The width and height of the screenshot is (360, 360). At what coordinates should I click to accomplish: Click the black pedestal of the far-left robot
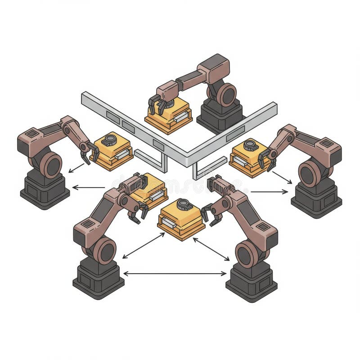(x=44, y=191)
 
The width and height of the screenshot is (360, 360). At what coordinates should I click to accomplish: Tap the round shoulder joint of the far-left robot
(x=50, y=164)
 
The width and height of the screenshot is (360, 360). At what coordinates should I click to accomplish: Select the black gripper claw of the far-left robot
(x=88, y=153)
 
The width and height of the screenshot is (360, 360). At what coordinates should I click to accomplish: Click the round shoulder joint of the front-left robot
(x=105, y=250)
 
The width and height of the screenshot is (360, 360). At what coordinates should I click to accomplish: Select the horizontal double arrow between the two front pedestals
(x=175, y=273)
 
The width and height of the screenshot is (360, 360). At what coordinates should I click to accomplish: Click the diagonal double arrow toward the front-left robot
(x=144, y=246)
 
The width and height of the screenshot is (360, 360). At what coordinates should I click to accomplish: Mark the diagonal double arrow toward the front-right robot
(x=211, y=249)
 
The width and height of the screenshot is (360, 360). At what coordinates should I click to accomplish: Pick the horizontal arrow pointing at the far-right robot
(x=269, y=192)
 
